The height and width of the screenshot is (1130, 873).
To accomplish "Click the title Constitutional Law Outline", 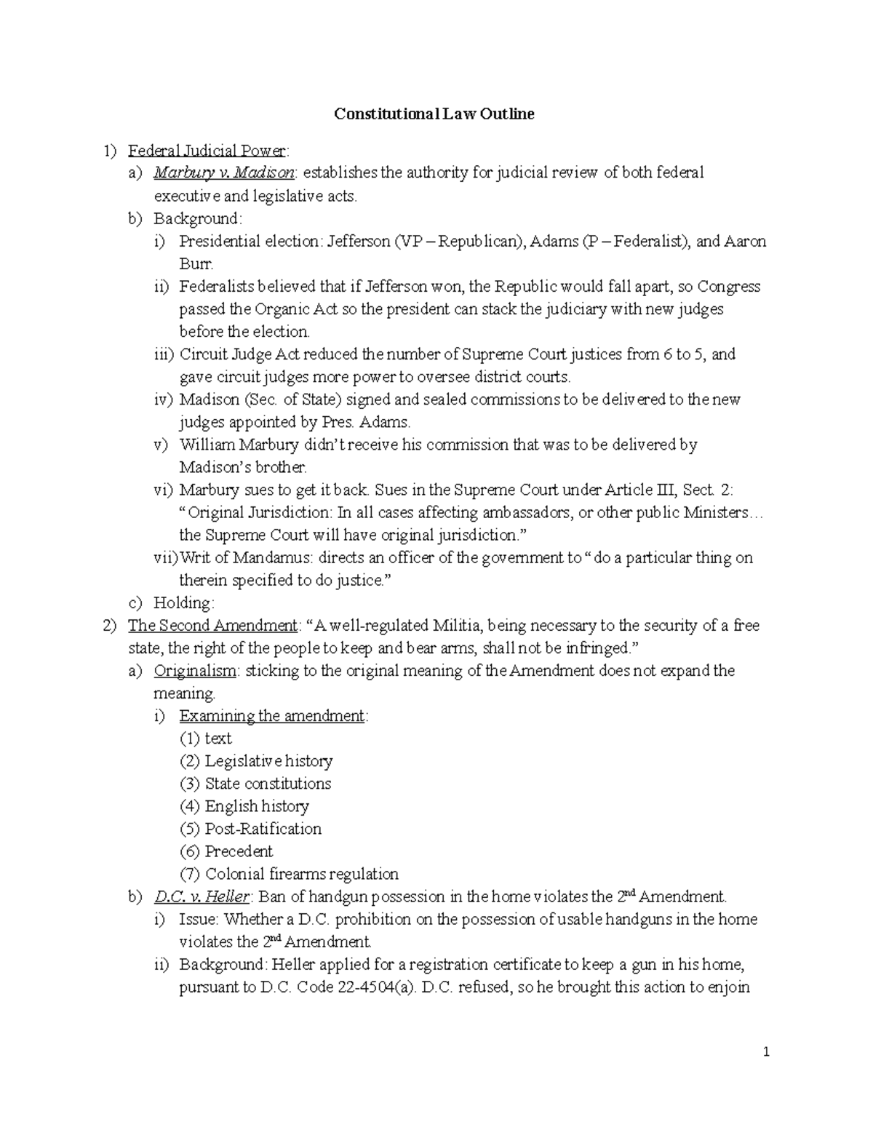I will click(434, 114).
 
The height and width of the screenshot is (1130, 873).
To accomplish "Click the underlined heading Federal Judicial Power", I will click(207, 151).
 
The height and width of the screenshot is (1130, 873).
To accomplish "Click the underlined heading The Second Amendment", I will click(212, 626).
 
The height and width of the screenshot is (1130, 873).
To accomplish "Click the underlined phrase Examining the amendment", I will click(272, 716).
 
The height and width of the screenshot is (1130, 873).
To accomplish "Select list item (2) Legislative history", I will click(256, 761).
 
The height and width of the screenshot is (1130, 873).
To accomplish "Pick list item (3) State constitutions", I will click(255, 784).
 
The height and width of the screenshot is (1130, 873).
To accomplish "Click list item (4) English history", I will click(244, 806).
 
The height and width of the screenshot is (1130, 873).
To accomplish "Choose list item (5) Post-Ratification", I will click(250, 829).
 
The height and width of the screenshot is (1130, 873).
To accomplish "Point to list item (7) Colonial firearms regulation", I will click(289, 874).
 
